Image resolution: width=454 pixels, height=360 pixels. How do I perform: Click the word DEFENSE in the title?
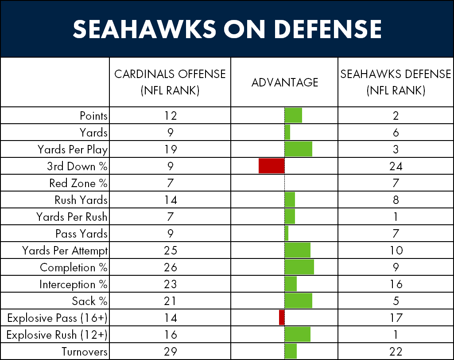coord(328,29)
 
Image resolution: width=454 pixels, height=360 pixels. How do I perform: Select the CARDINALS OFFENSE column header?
coord(170,82)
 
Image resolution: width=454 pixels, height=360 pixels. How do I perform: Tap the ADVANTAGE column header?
coord(285,82)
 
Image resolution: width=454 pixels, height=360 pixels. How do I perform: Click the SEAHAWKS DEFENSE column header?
coord(396,82)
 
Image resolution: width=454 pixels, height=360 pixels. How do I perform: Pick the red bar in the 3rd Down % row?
coord(272,166)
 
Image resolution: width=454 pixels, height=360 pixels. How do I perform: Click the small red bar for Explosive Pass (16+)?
coord(282,317)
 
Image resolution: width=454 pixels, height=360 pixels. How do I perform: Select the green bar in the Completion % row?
coord(299,267)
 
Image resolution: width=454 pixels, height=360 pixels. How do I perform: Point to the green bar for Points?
coord(293,115)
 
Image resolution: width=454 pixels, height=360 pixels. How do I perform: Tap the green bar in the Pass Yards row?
coord(287,233)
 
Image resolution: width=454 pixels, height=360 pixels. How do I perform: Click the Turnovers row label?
coord(84,352)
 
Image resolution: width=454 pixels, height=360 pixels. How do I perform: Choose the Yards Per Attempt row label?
coord(65,251)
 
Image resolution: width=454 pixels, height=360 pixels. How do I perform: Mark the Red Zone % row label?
coord(78,183)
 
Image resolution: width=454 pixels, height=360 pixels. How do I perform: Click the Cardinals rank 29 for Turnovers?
coord(170,352)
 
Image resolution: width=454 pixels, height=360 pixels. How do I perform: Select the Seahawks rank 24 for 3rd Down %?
coord(396,166)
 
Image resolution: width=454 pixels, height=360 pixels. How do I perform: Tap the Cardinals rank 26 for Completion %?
coord(170,267)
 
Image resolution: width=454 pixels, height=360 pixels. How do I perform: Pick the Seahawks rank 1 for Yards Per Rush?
coord(396,217)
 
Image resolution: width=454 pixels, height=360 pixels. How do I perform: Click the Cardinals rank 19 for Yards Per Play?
coord(170,149)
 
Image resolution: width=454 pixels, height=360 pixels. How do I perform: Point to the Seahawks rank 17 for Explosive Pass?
coord(396,318)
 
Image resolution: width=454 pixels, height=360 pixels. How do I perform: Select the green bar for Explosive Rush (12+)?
coord(298,334)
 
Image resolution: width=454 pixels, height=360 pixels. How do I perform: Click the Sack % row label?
coord(89,301)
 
